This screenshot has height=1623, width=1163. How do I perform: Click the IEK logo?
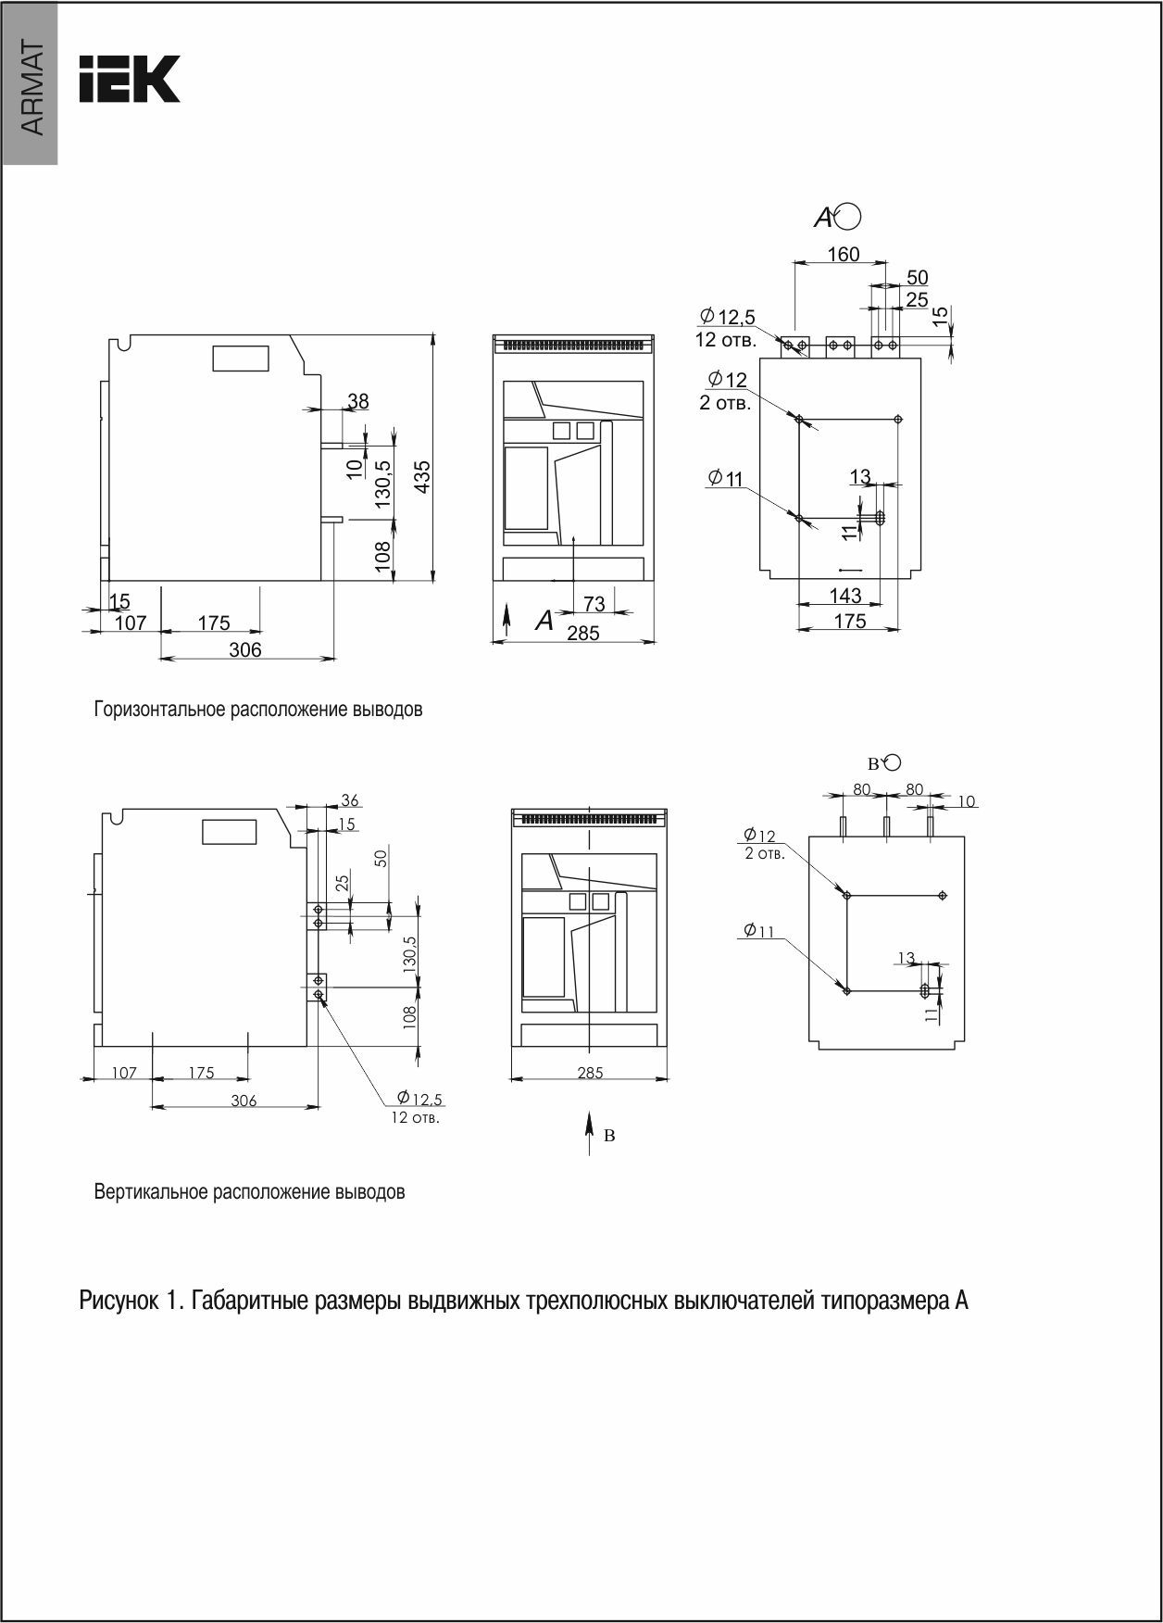(129, 79)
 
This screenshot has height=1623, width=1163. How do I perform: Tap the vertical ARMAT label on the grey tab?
(31, 88)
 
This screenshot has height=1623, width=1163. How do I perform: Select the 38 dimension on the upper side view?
(357, 402)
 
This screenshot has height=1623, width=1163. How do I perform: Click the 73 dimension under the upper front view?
(594, 604)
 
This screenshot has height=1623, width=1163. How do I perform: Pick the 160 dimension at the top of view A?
(843, 254)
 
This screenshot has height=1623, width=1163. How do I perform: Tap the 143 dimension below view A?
(844, 596)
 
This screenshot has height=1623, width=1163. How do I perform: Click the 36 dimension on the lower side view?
(350, 800)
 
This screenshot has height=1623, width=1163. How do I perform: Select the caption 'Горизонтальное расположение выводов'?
(258, 711)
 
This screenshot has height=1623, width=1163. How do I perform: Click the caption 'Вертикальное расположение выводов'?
(249, 1192)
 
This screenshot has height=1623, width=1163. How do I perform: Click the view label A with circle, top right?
(837, 217)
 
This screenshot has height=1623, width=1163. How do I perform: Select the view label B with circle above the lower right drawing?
(883, 763)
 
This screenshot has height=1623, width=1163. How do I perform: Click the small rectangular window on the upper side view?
(241, 358)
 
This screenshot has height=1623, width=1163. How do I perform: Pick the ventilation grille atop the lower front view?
(589, 819)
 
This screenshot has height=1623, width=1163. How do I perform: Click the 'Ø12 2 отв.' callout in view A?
(726, 391)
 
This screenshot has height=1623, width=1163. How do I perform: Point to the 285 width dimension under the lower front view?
(589, 1073)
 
